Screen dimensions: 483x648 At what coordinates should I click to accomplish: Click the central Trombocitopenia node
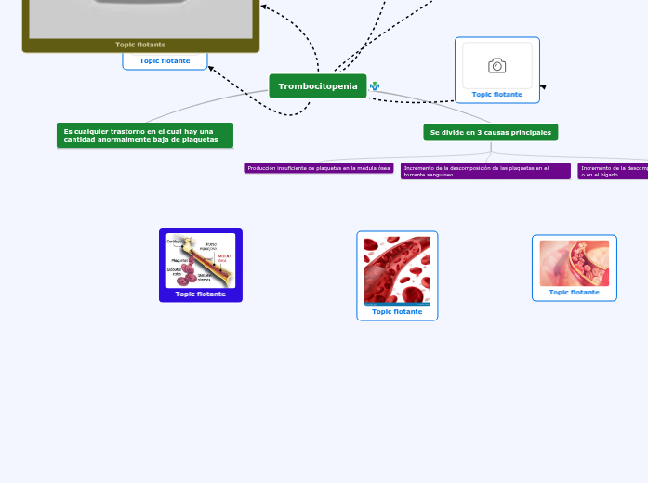tap(317, 86)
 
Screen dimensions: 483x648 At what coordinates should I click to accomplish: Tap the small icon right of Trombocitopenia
tap(375, 86)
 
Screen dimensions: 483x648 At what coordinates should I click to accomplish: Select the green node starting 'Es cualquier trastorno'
tap(144, 136)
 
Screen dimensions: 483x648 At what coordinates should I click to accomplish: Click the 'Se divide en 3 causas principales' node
tap(490, 132)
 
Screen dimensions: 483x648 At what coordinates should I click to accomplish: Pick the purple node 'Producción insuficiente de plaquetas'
tap(318, 168)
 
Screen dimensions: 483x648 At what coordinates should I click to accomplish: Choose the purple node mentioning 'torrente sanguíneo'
tap(484, 171)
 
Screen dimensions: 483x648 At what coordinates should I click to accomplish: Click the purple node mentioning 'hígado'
tap(612, 171)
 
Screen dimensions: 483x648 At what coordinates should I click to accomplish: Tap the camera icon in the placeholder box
tap(496, 65)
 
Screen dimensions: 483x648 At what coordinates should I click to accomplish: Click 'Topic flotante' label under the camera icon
tap(496, 94)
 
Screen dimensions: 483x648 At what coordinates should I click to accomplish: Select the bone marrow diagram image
tap(200, 261)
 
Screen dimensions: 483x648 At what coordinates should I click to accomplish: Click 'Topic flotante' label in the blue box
tap(200, 294)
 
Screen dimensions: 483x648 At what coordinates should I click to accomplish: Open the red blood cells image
tap(397, 269)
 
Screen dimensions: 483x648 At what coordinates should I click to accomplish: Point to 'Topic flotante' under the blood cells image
tap(397, 312)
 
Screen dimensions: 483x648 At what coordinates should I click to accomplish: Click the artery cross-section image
tap(575, 263)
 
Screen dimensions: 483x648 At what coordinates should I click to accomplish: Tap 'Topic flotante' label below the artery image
tap(575, 292)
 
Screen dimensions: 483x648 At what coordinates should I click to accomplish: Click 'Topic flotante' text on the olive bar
tap(140, 45)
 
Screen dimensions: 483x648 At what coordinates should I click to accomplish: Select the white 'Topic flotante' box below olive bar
tap(165, 61)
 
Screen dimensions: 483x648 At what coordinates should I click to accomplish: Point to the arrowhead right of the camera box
tap(543, 87)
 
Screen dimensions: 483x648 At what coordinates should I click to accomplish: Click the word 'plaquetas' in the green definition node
tap(200, 139)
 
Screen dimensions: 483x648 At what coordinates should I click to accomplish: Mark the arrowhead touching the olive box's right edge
tap(264, 7)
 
